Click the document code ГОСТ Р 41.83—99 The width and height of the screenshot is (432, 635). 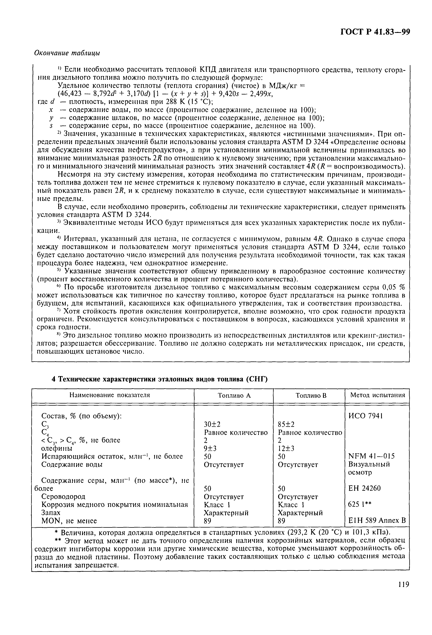(x=375, y=32)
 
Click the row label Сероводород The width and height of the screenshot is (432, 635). (x=63, y=496)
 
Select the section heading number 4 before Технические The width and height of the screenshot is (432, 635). (x=54, y=379)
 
